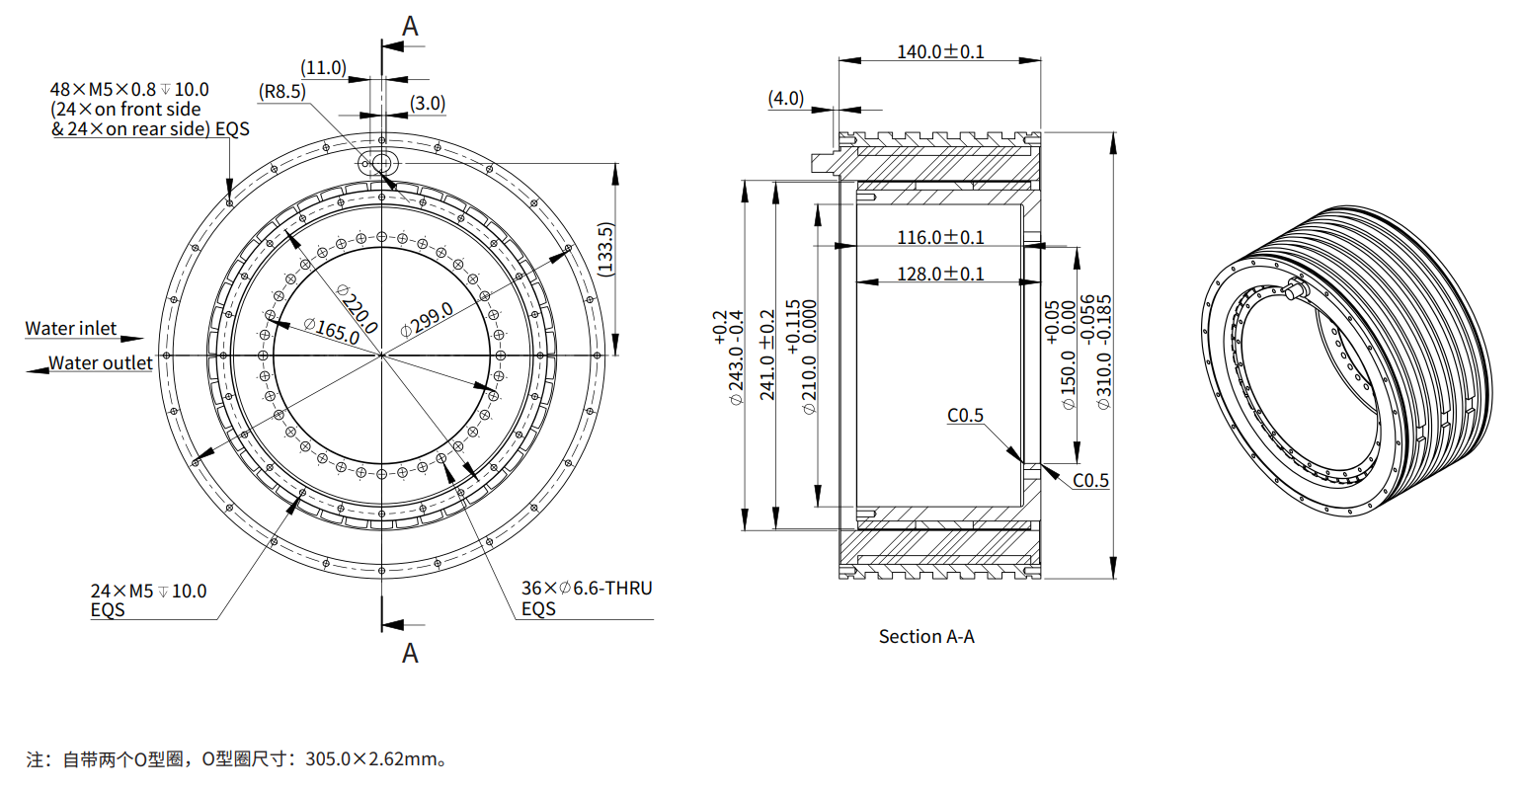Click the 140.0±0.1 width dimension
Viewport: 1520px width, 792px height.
[x=939, y=51]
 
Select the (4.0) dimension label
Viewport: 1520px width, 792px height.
[x=786, y=99]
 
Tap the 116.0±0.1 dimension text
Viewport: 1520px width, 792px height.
[x=939, y=237]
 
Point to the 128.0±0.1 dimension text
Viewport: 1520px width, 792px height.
[x=939, y=274]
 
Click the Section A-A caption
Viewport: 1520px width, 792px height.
[x=926, y=637]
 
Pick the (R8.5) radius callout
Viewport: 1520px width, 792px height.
[x=282, y=92]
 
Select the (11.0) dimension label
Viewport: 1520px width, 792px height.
[x=324, y=67]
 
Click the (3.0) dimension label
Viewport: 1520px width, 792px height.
[x=428, y=103]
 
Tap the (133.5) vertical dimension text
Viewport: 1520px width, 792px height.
[x=605, y=249]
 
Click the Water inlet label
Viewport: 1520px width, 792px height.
[x=71, y=329]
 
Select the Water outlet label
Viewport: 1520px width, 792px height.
[x=101, y=363]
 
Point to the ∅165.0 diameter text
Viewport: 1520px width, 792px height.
[x=332, y=330]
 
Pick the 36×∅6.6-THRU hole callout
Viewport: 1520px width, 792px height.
[x=587, y=589]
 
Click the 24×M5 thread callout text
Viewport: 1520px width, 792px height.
[x=149, y=591]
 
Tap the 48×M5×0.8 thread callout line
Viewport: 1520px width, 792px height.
[x=129, y=90]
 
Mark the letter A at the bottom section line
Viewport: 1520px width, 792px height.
[x=410, y=653]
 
